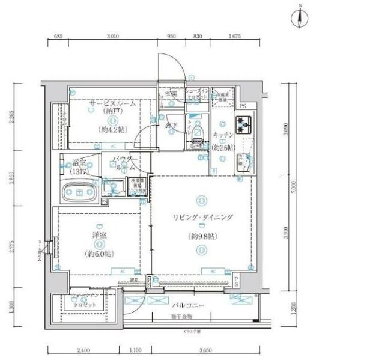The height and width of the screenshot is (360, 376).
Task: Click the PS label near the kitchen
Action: [x=243, y=106]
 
